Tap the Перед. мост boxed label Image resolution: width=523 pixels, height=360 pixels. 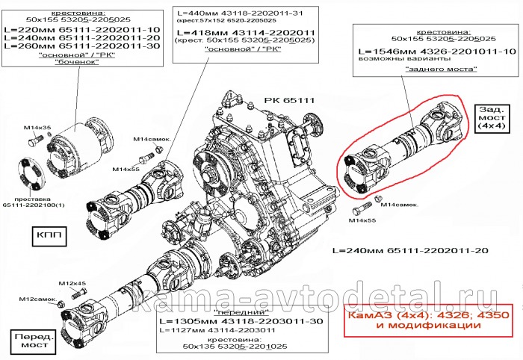pyautogui.click(x=31, y=342)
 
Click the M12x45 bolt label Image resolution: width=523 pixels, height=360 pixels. pyautogui.click(x=72, y=283)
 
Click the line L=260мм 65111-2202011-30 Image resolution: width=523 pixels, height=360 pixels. pyautogui.click(x=82, y=46)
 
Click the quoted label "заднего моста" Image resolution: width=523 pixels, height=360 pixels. pyautogui.click(x=433, y=68)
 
